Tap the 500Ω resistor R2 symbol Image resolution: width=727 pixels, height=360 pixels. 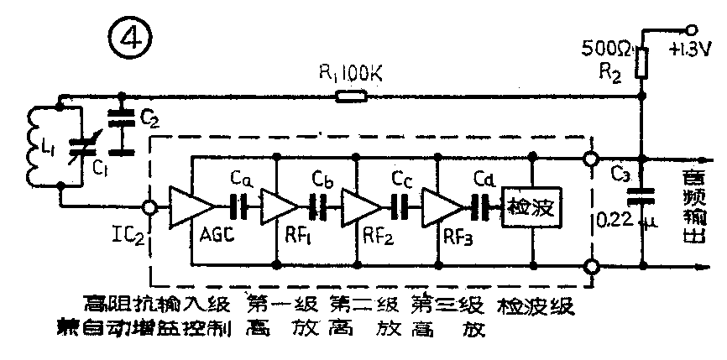[x=641, y=62]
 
